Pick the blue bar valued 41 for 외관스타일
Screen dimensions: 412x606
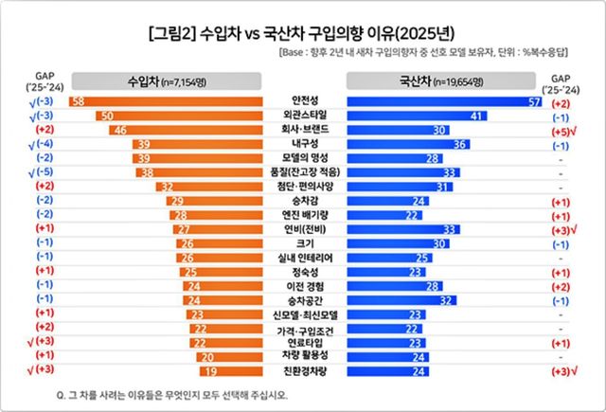pyautogui.click(x=417, y=115)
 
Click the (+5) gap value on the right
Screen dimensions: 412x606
pyautogui.click(x=560, y=130)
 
